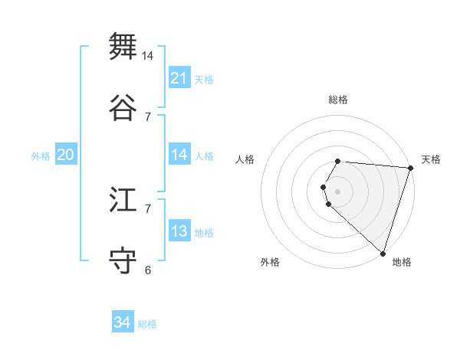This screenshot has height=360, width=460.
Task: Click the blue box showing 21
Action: pyautogui.click(x=179, y=77)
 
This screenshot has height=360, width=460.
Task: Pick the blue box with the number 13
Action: pyautogui.click(x=179, y=231)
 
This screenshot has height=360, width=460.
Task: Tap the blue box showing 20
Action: pyautogui.click(x=65, y=155)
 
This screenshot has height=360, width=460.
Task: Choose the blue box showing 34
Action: pyautogui.click(x=123, y=322)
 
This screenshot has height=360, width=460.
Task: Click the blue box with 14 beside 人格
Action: pyautogui.click(x=179, y=155)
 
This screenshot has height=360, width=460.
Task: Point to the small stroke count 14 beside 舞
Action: pyautogui.click(x=148, y=56)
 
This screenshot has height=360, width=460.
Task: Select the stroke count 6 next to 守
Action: pyautogui.click(x=148, y=270)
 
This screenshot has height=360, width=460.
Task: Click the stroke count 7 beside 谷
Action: pyautogui.click(x=148, y=116)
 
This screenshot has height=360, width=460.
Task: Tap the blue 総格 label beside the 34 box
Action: pyautogui.click(x=147, y=324)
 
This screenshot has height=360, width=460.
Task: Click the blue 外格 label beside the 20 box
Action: pyautogui.click(x=41, y=156)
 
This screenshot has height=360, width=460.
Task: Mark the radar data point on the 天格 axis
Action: pyautogui.click(x=409, y=168)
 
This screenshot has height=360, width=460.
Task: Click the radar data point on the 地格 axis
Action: pyautogui.click(x=383, y=253)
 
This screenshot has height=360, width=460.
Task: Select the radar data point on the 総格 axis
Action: pyautogui.click(x=338, y=162)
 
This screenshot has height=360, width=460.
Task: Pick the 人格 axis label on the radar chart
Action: pyautogui.click(x=245, y=159)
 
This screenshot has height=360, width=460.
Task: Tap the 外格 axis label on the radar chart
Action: pyautogui.click(x=270, y=262)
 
